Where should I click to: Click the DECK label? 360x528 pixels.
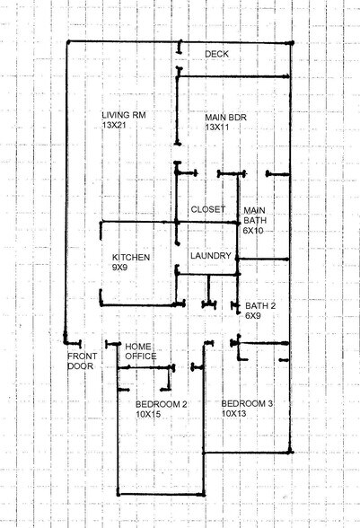coord(216,54)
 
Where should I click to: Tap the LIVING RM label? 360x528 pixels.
coord(124,116)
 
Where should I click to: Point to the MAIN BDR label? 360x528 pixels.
coord(227,118)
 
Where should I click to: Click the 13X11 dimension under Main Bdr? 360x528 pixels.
coord(219,128)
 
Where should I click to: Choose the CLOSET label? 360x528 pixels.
coord(207,209)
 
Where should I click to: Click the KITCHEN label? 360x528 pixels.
coord(130,258)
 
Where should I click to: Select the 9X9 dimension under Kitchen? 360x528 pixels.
coord(121,268)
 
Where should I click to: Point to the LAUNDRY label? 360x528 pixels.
coord(212,256)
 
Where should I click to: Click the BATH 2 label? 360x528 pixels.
coord(260,306)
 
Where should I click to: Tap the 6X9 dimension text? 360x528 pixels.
coord(252,316)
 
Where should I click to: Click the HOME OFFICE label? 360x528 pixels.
coord(140,351)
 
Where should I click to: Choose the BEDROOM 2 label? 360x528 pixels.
coord(161,404)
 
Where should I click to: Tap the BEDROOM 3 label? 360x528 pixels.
coord(247,404)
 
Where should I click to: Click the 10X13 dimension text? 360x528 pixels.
coord(234,414)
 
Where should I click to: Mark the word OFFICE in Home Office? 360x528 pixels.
coord(140,356)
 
